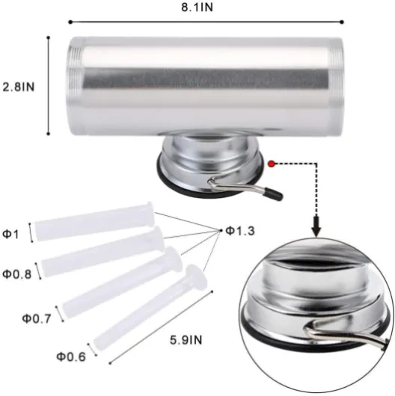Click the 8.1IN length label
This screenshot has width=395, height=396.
[x=197, y=7]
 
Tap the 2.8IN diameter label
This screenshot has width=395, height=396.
[x=18, y=87]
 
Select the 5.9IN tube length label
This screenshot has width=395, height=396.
[x=186, y=340]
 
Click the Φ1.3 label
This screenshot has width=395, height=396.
[x=239, y=231]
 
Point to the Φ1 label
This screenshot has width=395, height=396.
[x=10, y=235]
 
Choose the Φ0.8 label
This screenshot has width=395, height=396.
[x=17, y=274]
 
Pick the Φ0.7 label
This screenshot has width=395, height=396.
[x=37, y=319]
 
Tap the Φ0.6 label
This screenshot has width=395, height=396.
[x=71, y=357]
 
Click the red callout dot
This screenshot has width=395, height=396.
[x=272, y=164]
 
